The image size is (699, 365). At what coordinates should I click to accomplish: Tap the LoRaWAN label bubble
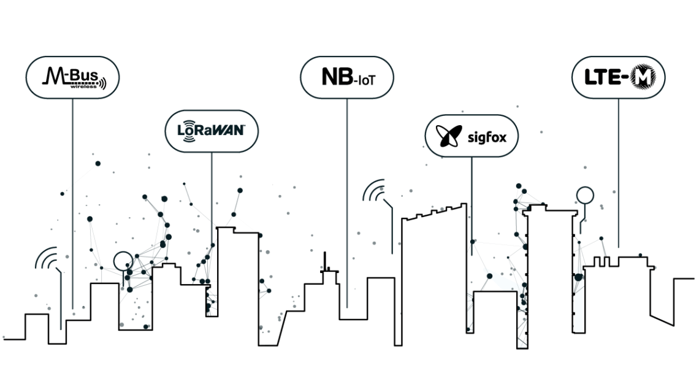[212, 131]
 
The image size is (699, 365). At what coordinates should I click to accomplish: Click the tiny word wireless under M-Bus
[80, 86]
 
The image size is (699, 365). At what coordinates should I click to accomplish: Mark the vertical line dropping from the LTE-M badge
[618, 172]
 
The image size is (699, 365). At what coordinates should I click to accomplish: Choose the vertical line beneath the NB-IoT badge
[347, 202]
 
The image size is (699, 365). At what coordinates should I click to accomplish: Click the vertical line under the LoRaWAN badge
[212, 190]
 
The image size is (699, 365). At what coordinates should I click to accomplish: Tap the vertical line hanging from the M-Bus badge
[72, 196]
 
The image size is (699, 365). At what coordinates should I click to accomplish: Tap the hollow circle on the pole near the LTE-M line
[585, 196]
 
